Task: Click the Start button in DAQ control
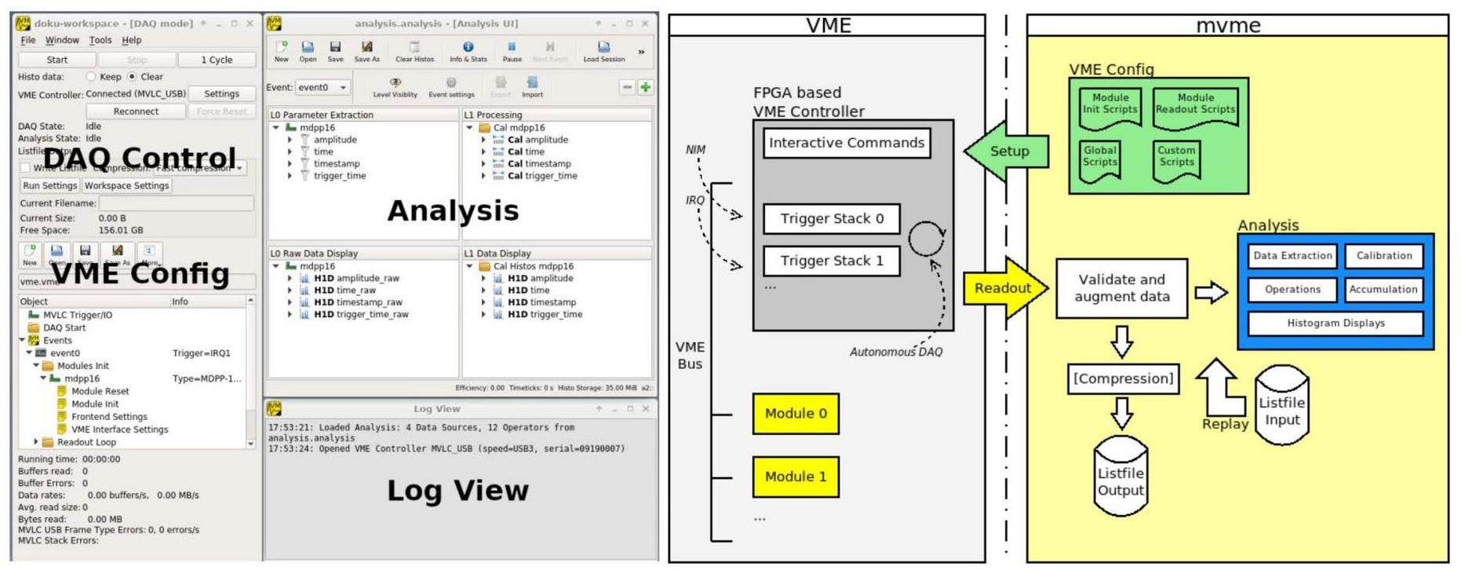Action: (56, 60)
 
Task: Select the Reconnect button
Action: (136, 111)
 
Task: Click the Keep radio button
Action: (91, 77)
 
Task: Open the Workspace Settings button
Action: (126, 186)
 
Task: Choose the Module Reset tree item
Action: (100, 391)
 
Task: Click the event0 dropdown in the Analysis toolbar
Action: (322, 87)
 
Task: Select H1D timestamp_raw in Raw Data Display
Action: (357, 302)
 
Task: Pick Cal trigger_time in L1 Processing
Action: (541, 176)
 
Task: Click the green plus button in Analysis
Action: (645, 87)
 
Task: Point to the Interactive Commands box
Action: (846, 143)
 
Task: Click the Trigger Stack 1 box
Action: (831, 261)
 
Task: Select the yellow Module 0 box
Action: (795, 414)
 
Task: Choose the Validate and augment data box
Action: (1121, 288)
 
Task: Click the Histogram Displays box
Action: (1335, 323)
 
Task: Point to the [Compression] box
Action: (1123, 378)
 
